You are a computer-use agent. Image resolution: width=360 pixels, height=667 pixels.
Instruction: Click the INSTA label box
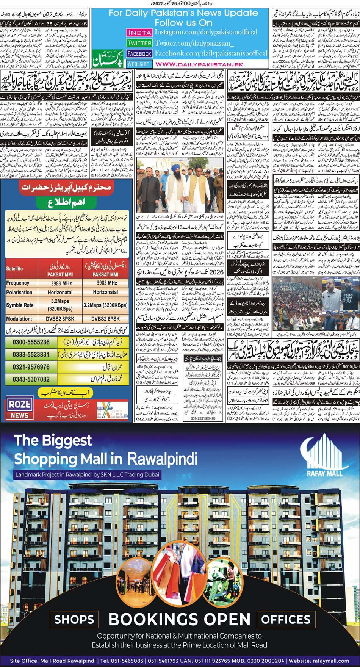139,33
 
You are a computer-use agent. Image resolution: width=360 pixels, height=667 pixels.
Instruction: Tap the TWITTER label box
139,43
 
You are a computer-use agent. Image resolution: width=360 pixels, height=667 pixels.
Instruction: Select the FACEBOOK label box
139,54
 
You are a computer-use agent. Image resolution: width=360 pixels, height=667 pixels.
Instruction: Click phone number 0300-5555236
31,342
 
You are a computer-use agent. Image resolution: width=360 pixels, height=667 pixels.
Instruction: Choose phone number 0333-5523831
31,354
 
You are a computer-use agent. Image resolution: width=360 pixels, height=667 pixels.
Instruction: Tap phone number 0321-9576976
31,367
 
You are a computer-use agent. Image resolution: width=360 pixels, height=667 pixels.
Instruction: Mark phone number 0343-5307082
31,379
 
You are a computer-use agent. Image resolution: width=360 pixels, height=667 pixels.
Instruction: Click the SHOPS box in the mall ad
74,619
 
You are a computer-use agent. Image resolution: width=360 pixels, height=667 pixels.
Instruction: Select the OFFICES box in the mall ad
286,619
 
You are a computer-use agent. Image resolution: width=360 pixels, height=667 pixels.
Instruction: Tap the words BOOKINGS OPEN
179,619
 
